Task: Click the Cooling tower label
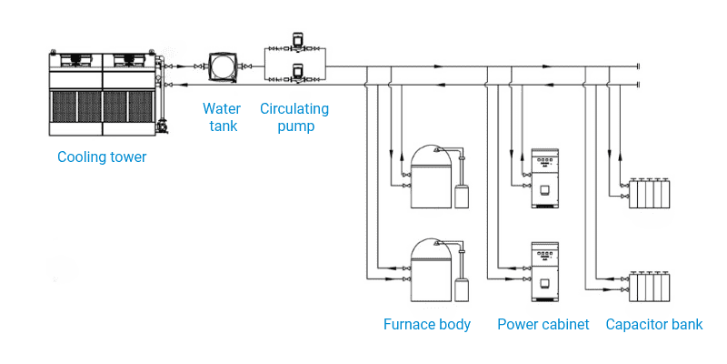click(x=102, y=157)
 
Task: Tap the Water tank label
click(x=222, y=117)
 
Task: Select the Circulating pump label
click(x=294, y=117)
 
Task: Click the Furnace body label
click(x=427, y=325)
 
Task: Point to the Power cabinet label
click(x=543, y=325)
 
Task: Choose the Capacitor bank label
click(x=654, y=325)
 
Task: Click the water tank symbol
click(x=222, y=67)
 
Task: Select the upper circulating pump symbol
click(x=295, y=43)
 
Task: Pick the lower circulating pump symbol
click(x=295, y=69)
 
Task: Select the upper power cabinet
click(x=543, y=177)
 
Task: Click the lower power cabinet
click(x=543, y=271)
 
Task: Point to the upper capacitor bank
click(x=652, y=193)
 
